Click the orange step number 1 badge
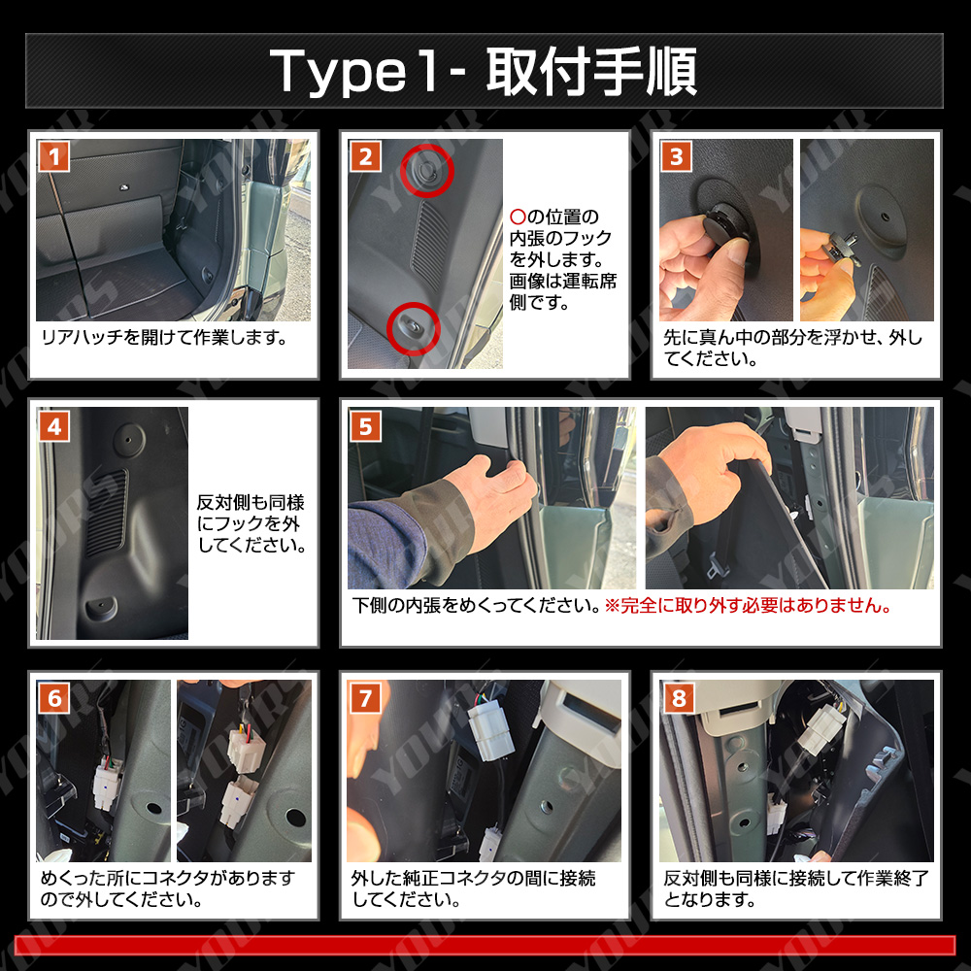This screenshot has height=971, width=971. [53, 156]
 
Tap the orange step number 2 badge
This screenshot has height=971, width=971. [365, 156]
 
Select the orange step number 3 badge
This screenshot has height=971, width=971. [677, 156]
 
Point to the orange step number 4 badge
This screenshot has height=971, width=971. [53, 426]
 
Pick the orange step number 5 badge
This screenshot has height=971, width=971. [365, 426]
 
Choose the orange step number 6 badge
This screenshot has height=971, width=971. [53, 698]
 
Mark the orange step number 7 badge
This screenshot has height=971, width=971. [365, 698]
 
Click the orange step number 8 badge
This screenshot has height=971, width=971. [678, 698]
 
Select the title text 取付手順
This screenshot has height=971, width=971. [592, 71]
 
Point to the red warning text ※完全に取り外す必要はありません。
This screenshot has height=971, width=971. [748, 605]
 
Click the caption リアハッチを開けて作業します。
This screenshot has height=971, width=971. [164, 338]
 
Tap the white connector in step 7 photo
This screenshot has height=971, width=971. [490, 732]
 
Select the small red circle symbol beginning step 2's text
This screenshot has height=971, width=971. [518, 217]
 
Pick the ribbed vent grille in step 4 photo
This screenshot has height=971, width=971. [107, 511]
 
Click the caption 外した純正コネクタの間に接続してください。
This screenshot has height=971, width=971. [474, 888]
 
